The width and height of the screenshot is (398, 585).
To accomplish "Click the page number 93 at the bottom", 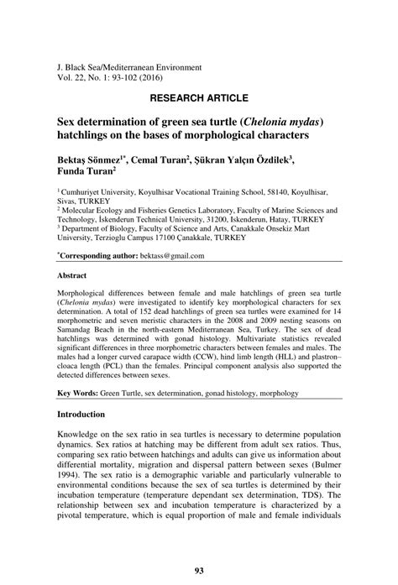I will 199,572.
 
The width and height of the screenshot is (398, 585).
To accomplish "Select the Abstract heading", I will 72,274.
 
